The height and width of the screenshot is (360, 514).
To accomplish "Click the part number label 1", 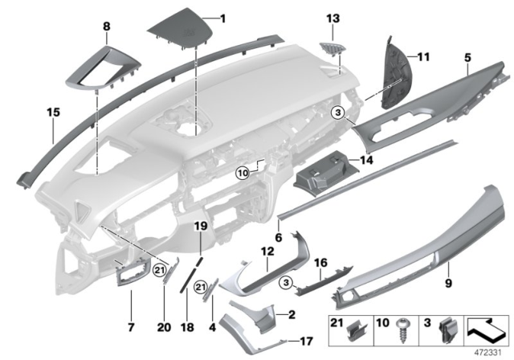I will [223, 18].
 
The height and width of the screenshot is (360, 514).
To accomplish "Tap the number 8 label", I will [105, 27].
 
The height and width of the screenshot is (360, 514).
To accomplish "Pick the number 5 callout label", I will [467, 58].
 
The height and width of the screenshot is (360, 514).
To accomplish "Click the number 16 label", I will [319, 262].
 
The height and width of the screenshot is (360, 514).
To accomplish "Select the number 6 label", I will [278, 238].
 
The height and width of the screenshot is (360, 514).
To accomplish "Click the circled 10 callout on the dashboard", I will [243, 172].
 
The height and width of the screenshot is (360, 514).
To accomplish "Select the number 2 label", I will [292, 314].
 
